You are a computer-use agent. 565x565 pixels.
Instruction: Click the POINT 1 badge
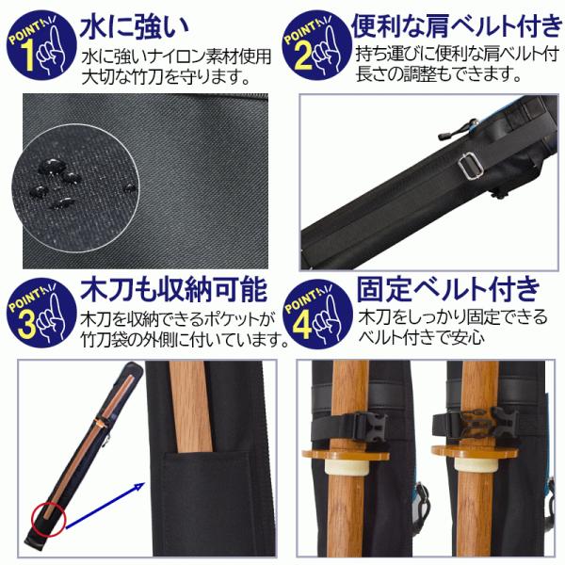(41, 45)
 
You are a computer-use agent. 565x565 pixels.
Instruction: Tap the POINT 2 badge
(316, 45)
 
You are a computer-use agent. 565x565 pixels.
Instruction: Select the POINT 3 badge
(41, 313)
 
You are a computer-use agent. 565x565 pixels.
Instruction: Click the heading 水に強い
(135, 27)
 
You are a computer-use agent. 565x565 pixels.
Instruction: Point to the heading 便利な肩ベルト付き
(457, 26)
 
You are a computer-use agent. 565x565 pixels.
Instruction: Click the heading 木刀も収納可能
(173, 290)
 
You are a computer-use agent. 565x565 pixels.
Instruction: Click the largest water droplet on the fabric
(51, 166)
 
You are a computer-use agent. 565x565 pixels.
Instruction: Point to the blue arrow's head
(138, 488)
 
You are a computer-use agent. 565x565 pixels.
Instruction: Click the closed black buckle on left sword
(370, 427)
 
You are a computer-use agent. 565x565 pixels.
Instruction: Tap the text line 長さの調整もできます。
(439, 74)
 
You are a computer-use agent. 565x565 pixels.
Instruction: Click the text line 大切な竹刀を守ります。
(166, 77)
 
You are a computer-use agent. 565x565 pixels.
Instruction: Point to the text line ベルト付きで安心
(421, 337)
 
